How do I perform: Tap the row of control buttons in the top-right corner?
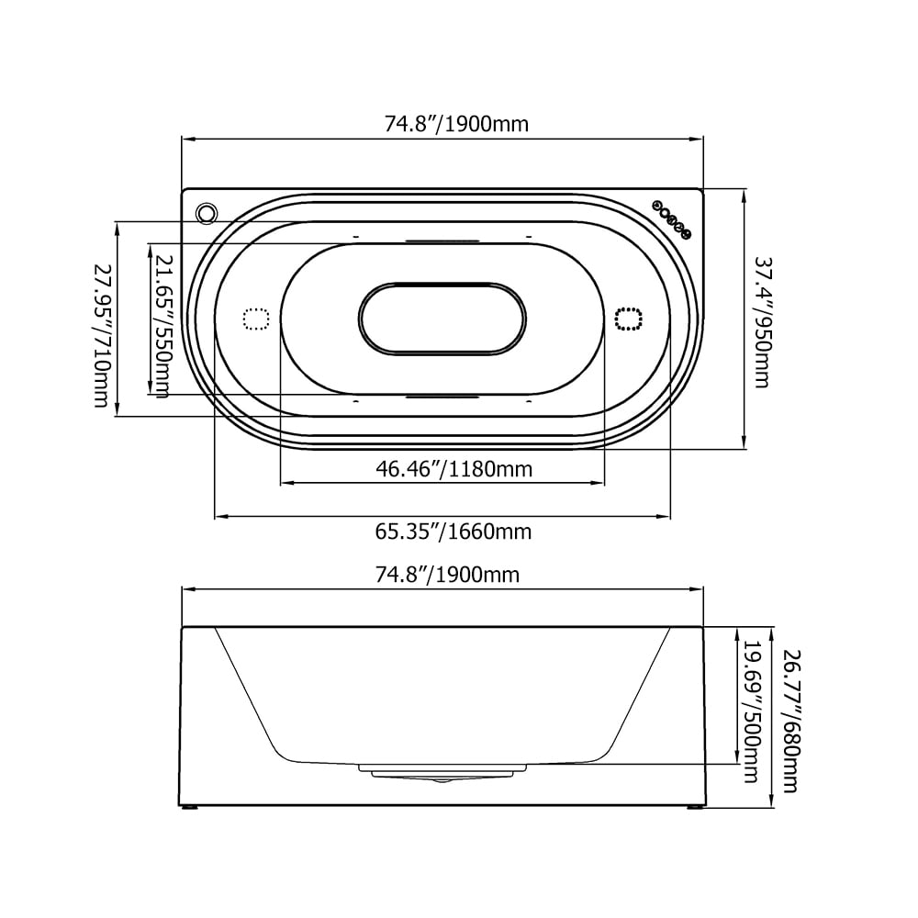coord(670,218)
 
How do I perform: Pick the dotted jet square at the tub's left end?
coord(255,319)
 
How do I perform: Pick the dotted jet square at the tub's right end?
coord(628,319)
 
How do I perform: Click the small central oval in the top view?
coord(442,319)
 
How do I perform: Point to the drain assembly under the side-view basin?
coord(442,774)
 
